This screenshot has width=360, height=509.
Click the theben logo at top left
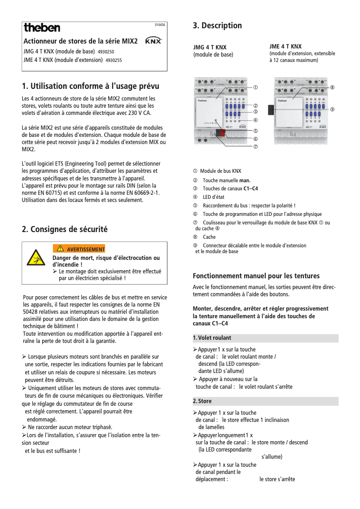point(42,28)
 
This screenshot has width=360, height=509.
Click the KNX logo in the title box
point(154,41)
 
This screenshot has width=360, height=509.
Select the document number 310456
point(160,25)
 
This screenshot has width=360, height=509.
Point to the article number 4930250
point(106,52)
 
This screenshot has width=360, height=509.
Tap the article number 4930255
point(114,60)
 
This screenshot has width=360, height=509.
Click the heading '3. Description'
point(217,26)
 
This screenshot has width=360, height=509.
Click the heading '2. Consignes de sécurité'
point(65,229)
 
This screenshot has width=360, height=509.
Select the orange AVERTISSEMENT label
point(79,249)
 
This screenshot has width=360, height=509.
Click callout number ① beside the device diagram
point(255,87)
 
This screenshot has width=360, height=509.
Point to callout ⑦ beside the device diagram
point(255,147)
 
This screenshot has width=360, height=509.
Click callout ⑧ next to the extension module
point(332,87)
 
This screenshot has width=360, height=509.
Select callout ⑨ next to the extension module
point(332,109)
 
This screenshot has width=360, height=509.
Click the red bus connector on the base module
point(220,132)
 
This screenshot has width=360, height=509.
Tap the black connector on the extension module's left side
point(271,110)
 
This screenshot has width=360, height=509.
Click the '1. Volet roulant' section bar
point(265,338)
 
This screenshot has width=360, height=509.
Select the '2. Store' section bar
point(265,401)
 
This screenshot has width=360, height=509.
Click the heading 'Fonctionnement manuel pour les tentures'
point(256,276)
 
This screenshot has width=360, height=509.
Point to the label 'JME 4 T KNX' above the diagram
point(285,47)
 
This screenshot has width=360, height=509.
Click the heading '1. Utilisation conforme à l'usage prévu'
point(91,86)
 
